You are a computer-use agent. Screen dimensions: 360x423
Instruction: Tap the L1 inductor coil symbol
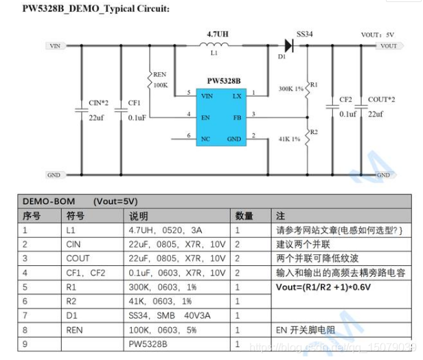tap(214, 46)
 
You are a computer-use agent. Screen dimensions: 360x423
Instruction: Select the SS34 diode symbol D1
tap(288, 46)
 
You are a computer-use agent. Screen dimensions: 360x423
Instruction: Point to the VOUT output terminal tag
tap(387, 46)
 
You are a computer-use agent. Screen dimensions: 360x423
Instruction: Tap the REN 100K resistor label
tap(159, 80)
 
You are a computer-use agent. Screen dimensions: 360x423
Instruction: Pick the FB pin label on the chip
tap(236, 117)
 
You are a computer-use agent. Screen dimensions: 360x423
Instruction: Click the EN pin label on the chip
tap(205, 117)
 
